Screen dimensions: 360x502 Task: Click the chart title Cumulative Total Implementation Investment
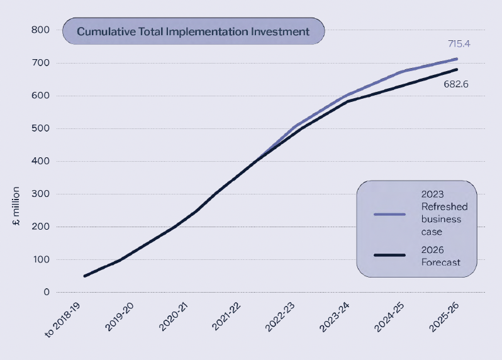[x=193, y=31]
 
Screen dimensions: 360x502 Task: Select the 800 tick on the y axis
[x=41, y=30]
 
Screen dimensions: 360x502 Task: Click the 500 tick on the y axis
[x=41, y=128]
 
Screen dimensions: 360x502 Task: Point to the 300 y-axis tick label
[x=41, y=194]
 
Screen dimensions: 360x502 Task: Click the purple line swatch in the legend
[x=389, y=213]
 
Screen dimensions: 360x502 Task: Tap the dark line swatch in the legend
[x=389, y=254]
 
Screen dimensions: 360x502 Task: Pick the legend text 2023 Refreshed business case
[x=444, y=213]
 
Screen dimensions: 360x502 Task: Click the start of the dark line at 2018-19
[x=84, y=276]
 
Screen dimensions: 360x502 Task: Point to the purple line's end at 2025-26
[x=457, y=59]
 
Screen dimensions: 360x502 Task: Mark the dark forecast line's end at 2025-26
[x=457, y=69]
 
